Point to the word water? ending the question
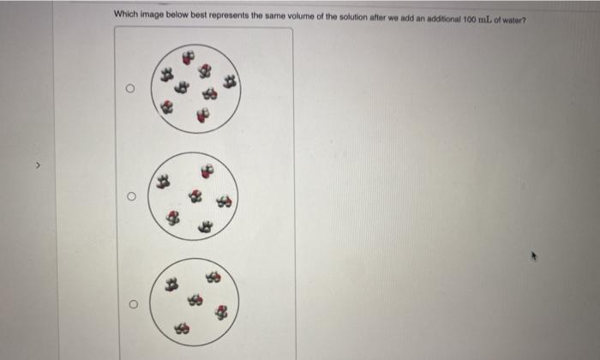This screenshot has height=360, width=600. pos(513,15)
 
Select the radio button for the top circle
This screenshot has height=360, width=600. pos(129,88)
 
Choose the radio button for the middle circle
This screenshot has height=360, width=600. pos(129,196)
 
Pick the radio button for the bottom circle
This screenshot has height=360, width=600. pos(129,303)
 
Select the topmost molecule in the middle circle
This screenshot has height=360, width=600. pos(205,170)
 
